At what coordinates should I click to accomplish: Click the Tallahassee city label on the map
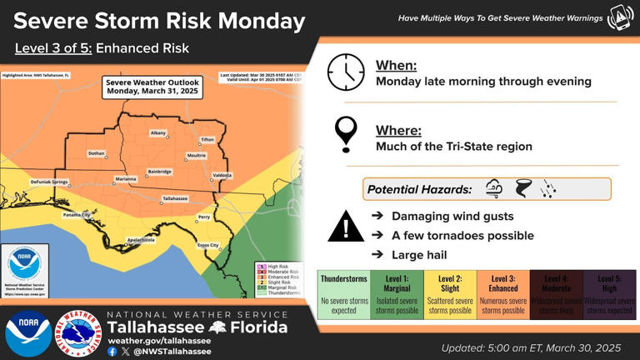tap(174, 198)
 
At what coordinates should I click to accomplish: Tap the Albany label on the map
tap(158, 132)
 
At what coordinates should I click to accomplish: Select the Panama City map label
tap(76, 214)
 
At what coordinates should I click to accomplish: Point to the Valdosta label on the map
tap(222, 175)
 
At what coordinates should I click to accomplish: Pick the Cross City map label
tap(207, 245)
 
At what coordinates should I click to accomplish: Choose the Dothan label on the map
tap(97, 153)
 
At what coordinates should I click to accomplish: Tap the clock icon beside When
tap(346, 72)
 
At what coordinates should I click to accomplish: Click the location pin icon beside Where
tap(345, 133)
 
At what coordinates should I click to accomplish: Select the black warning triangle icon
tap(345, 226)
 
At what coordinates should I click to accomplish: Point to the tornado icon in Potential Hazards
tap(522, 189)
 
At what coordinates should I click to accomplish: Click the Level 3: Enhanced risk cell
tap(503, 294)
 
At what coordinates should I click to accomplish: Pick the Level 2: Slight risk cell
tap(450, 294)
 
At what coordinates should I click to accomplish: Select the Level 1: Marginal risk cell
tap(397, 294)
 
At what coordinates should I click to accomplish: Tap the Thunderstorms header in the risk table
tap(344, 279)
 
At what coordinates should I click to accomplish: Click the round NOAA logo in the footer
tap(27, 333)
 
